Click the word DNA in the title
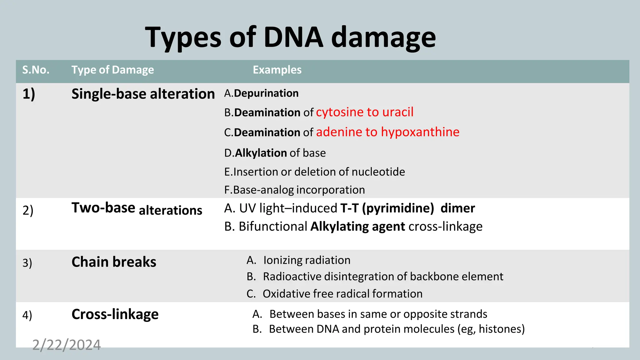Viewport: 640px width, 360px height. point(293,37)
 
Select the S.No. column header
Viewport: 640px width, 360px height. point(36,70)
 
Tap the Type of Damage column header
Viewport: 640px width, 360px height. point(112,70)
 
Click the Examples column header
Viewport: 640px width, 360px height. point(277,70)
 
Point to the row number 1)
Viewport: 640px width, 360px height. point(28,94)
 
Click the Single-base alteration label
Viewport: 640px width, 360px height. point(143,94)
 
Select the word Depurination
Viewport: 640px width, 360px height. point(266,93)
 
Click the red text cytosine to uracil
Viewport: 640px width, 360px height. point(364,112)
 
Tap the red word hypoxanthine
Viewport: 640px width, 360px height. point(420,132)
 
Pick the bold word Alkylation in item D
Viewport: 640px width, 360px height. point(261,153)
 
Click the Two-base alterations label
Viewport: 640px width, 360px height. point(137,209)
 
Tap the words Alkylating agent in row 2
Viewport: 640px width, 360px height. point(357,226)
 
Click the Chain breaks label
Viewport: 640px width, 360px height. point(114,262)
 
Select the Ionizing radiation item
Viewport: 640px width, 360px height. point(307,260)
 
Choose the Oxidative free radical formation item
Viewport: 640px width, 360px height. point(342,294)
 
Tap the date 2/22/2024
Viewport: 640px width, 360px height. point(66,345)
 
